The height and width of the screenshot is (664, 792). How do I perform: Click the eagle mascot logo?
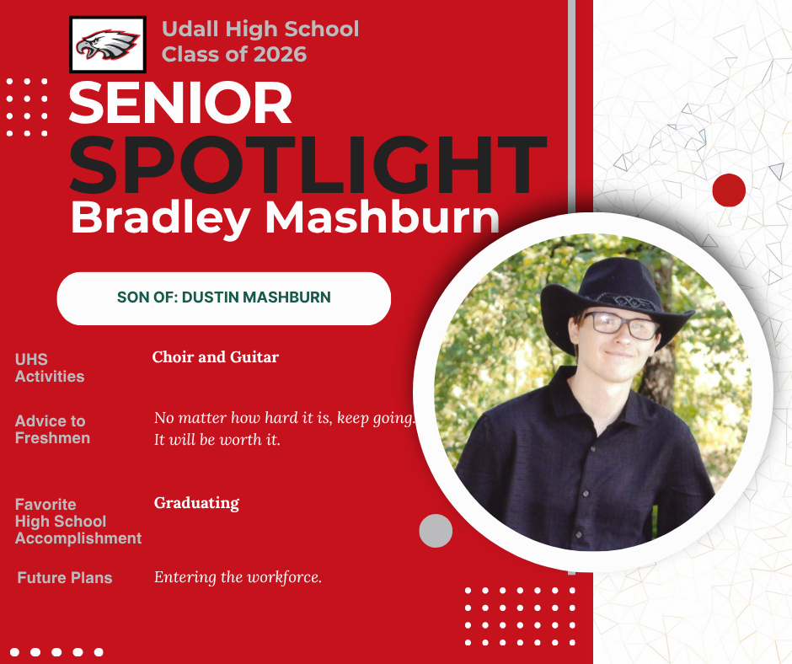108,45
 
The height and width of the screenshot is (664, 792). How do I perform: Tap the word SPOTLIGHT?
308,165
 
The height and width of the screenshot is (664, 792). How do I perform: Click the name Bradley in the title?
161,217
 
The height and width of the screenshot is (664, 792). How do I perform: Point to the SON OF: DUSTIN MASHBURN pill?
224,298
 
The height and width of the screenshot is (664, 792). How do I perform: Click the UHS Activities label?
50,368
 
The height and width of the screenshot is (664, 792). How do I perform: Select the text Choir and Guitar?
215,357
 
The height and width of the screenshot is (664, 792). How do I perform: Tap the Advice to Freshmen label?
52,430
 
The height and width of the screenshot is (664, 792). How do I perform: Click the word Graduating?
196,503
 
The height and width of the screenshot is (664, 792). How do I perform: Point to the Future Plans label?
65,577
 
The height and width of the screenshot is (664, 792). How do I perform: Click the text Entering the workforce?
238,577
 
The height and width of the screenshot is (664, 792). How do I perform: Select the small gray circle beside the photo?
436,531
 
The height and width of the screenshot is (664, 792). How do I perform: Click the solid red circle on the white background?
729,190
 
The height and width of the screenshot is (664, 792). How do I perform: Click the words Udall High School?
260,29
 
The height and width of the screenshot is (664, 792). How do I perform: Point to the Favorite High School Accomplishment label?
78,522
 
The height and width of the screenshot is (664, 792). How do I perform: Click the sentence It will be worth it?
217,440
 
